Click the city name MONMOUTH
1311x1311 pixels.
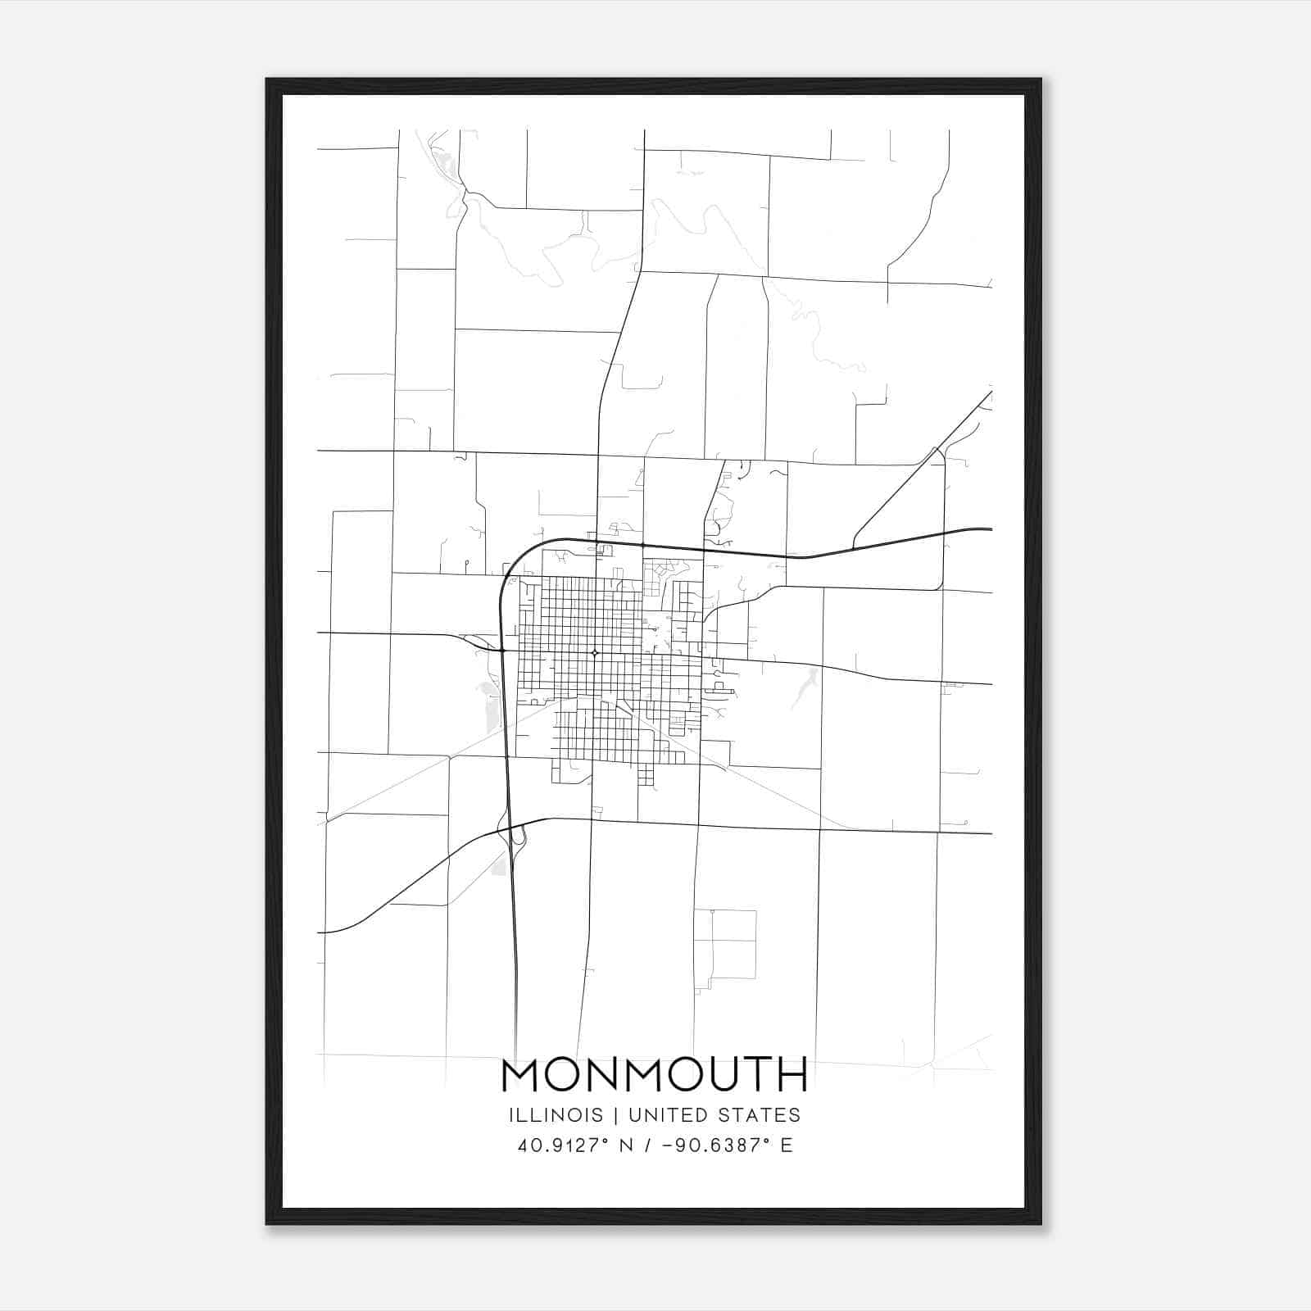click(654, 1075)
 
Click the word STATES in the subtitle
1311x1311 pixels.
click(763, 1115)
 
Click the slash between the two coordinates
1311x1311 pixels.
click(649, 1145)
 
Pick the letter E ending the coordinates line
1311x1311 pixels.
click(787, 1145)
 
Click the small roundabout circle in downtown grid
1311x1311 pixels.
click(594, 653)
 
